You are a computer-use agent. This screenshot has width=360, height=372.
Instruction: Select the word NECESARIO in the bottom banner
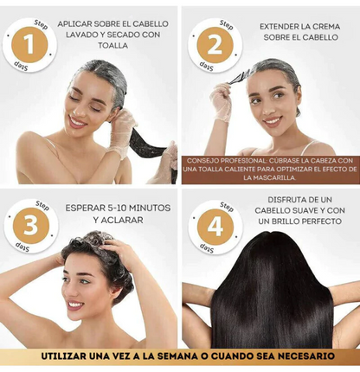(x=298, y=356)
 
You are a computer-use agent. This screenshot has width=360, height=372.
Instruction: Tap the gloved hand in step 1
(x=124, y=125)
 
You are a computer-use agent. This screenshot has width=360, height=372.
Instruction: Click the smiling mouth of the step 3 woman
(x=76, y=305)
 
